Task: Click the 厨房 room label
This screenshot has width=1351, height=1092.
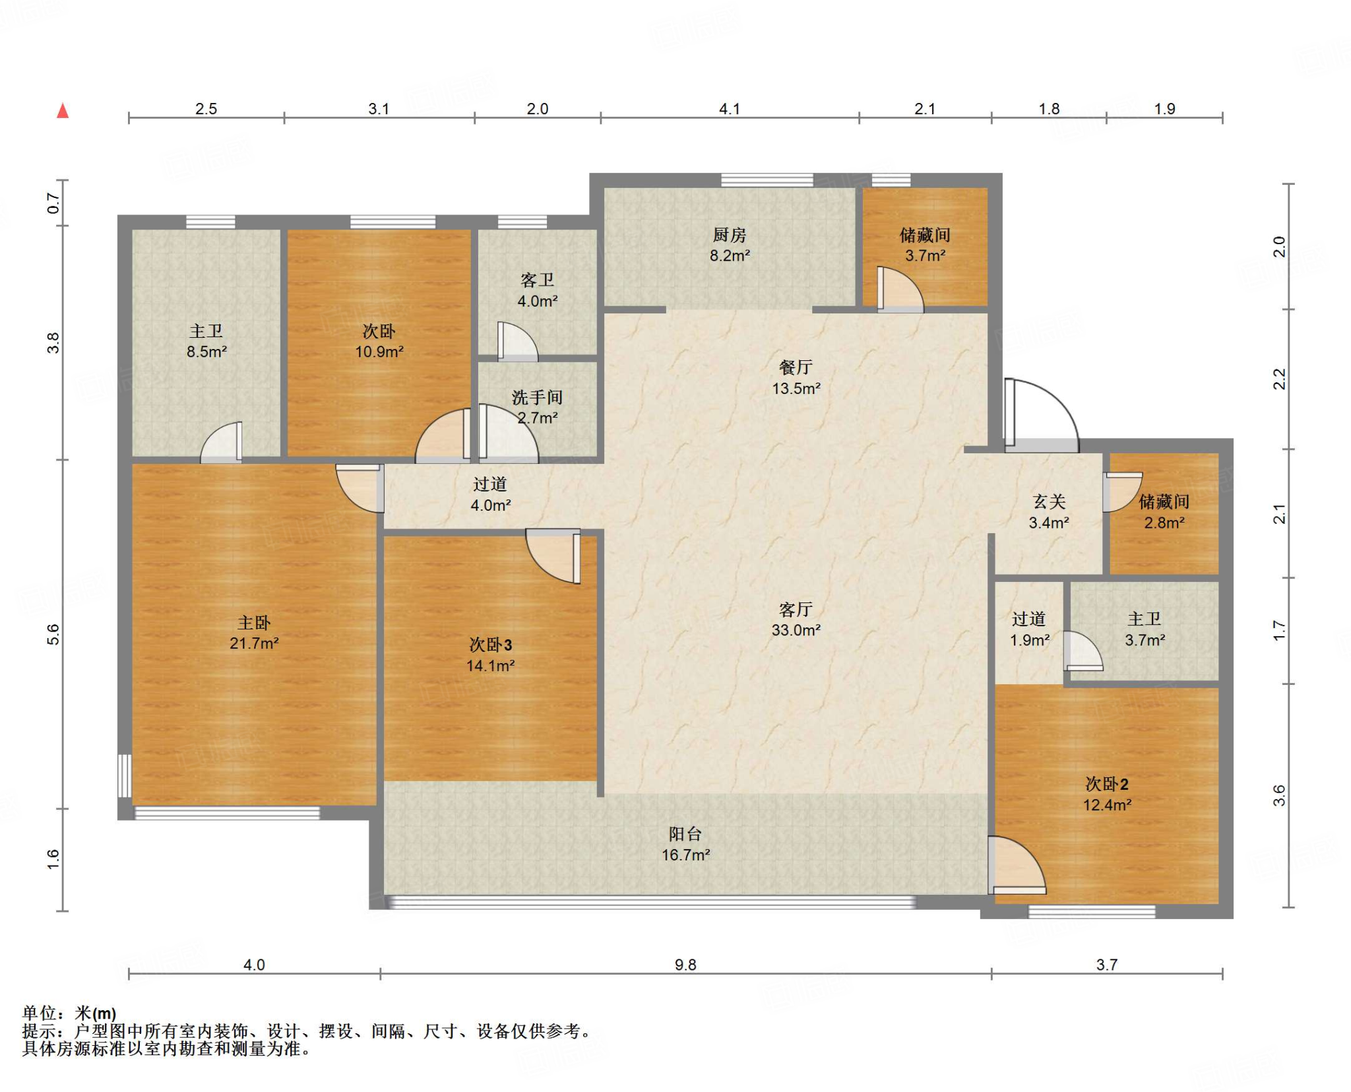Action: (729, 235)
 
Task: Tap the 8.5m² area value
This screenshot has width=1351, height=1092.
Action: (206, 352)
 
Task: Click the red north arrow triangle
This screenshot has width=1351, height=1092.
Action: (63, 111)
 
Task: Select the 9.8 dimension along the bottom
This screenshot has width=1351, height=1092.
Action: (685, 965)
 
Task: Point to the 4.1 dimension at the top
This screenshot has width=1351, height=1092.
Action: (730, 109)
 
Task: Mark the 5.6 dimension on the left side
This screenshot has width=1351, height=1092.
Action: (53, 634)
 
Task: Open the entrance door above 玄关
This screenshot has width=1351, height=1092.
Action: (1042, 415)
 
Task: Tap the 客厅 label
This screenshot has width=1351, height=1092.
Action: (796, 609)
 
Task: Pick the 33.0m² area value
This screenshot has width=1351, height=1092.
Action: (796, 630)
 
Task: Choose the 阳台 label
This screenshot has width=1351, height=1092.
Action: (685, 834)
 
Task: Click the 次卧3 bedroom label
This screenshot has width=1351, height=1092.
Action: (490, 645)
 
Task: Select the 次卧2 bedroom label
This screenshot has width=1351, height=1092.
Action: (1107, 784)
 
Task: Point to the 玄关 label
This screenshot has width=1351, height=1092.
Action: (1049, 501)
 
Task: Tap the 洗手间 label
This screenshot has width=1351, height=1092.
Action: (538, 397)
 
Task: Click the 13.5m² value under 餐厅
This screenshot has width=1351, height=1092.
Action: (796, 389)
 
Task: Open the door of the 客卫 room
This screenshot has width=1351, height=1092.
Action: (518, 341)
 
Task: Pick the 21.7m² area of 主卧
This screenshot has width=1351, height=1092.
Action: (254, 643)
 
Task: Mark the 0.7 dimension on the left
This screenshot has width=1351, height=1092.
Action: (53, 203)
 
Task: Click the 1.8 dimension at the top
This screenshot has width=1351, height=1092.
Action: (1049, 109)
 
